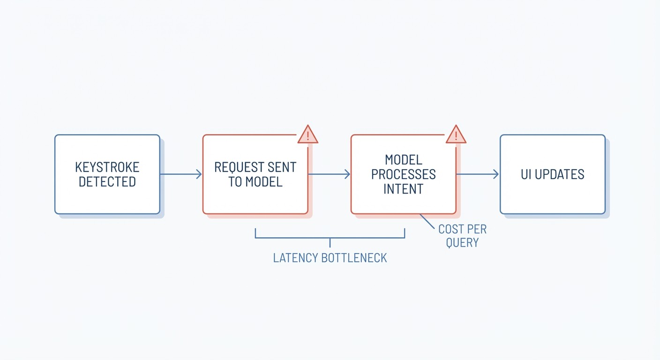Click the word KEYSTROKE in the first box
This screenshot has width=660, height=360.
(x=107, y=167)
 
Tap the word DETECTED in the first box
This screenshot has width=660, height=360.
(x=107, y=182)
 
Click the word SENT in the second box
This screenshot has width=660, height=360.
(x=282, y=167)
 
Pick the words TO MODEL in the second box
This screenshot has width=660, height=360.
(x=255, y=182)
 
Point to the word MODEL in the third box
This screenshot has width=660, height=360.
(x=404, y=160)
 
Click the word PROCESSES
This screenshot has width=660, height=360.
(x=404, y=174)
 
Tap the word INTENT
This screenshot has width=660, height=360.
(x=404, y=189)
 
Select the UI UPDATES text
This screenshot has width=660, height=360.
(x=553, y=174)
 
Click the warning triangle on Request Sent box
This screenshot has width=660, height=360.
(x=308, y=135)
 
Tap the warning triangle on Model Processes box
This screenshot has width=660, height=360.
(x=456, y=135)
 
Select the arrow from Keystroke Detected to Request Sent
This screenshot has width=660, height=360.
(x=181, y=174)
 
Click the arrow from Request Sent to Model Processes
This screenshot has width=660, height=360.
(x=329, y=174)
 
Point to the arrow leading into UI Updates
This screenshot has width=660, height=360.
(x=477, y=174)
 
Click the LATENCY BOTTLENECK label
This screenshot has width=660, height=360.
(x=330, y=258)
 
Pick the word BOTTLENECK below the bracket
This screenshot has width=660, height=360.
(x=354, y=258)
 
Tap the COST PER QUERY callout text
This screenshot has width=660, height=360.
(x=462, y=236)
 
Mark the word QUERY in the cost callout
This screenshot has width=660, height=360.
(x=462, y=243)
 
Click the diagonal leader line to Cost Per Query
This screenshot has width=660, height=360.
(x=427, y=221)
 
